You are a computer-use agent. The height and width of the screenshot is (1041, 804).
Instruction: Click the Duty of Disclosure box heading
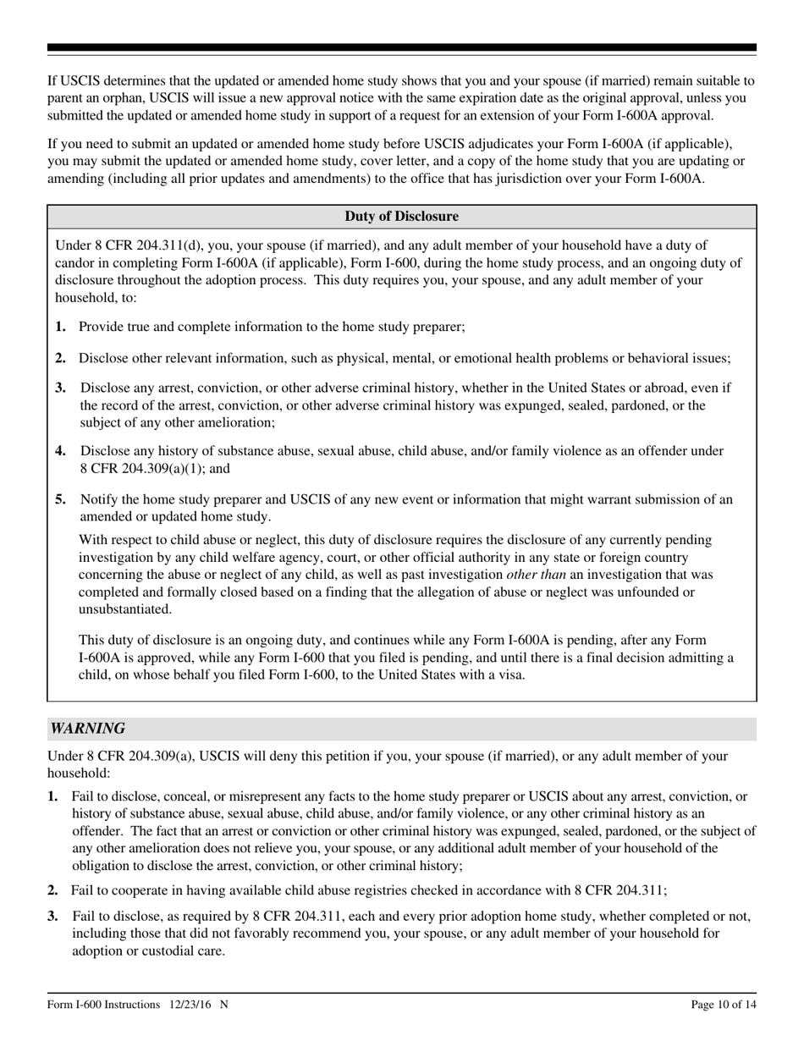[x=401, y=217]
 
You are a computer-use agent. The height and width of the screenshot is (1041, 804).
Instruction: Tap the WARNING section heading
[x=88, y=729]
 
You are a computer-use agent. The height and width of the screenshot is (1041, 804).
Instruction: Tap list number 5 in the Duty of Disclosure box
[x=61, y=499]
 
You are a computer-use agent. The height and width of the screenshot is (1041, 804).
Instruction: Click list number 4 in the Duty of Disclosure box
[x=61, y=452]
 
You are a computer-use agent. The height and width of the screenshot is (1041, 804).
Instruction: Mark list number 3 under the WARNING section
[x=53, y=916]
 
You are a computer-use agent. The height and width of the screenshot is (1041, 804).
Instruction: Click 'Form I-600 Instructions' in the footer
[x=104, y=1005]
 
